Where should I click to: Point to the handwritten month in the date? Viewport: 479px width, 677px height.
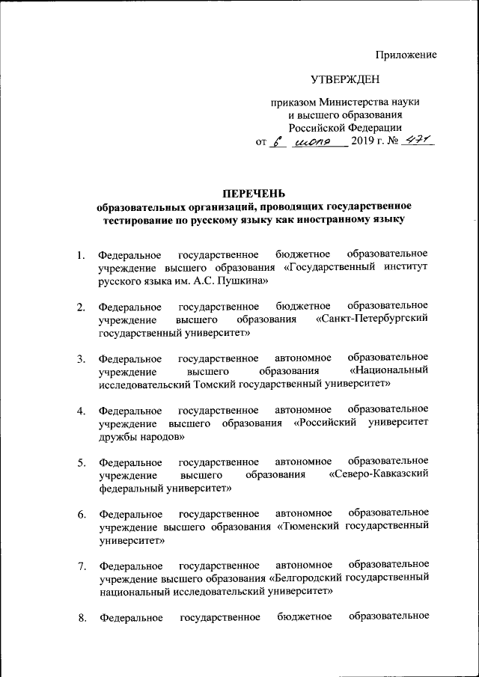point(319,141)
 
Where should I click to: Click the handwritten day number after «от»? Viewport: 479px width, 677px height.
point(278,141)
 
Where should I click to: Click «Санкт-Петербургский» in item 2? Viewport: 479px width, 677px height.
point(372,319)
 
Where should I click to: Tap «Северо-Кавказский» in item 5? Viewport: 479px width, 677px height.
point(379,472)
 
